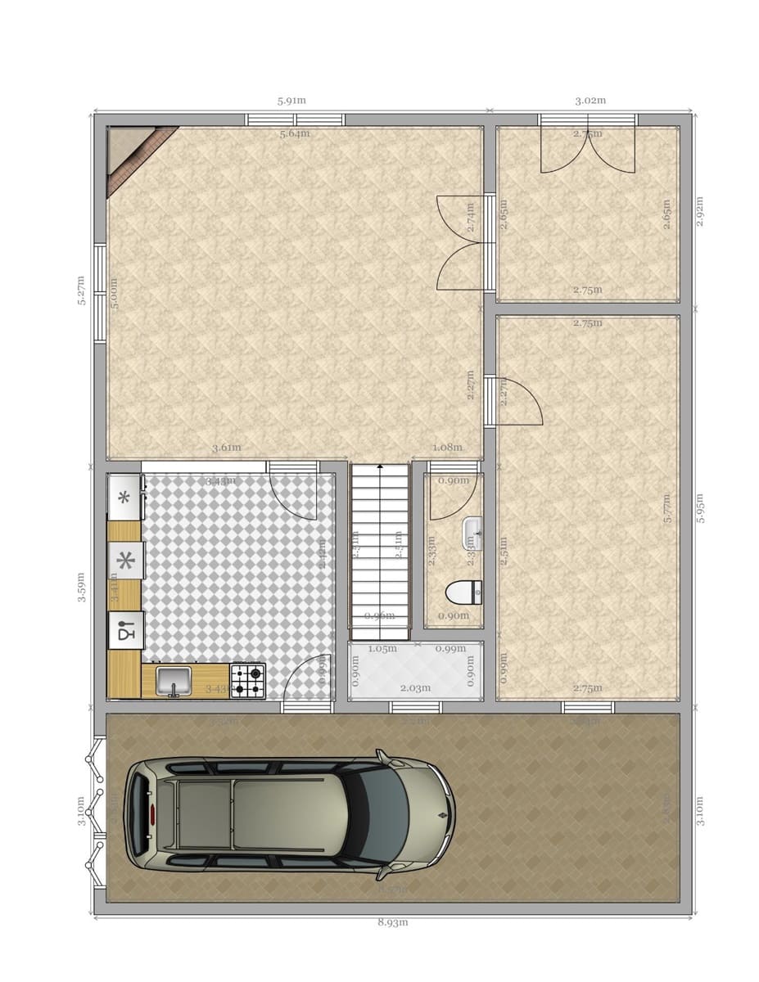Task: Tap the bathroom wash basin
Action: click(472, 532)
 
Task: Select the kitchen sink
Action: click(174, 680)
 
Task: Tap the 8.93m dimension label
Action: click(392, 922)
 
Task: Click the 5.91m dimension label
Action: click(291, 101)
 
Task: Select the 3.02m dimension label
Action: click(590, 101)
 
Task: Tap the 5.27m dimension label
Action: click(82, 290)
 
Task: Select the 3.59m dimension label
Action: click(82, 587)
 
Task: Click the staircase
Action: click(379, 550)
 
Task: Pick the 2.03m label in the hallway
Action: click(415, 688)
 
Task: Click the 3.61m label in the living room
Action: click(226, 448)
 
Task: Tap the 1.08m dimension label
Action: click(447, 448)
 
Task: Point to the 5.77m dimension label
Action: click(667, 507)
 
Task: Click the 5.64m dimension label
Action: click(295, 133)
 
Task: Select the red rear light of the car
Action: click(152, 814)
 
